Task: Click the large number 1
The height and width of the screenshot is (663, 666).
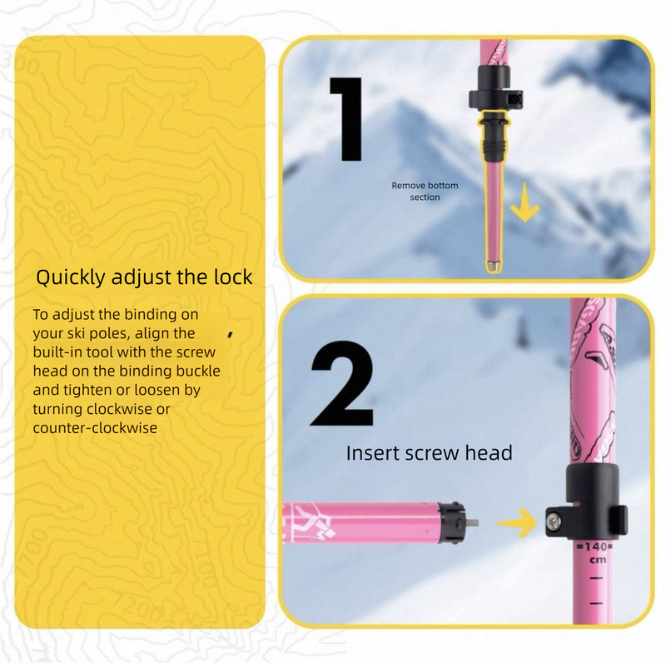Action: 345,118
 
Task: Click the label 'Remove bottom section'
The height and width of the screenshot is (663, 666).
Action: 425,191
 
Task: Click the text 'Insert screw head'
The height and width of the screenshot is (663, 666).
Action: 429,453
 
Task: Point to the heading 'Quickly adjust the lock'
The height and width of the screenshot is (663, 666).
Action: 144,277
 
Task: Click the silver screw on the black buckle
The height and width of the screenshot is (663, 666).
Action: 554,522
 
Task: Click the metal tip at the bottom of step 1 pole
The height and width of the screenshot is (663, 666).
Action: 494,266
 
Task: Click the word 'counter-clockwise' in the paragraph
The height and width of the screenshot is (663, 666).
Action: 95,427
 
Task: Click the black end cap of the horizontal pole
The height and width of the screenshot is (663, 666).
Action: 454,522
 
